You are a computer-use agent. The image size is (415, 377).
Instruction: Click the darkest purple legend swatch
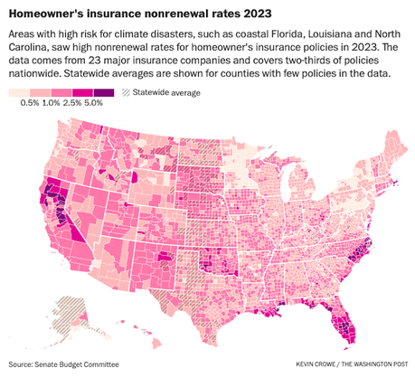pyautogui.click(x=105, y=93)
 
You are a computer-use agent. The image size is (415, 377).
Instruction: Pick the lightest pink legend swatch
pyautogui.click(x=18, y=93)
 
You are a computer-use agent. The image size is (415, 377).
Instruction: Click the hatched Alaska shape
pyautogui.click(x=67, y=313)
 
